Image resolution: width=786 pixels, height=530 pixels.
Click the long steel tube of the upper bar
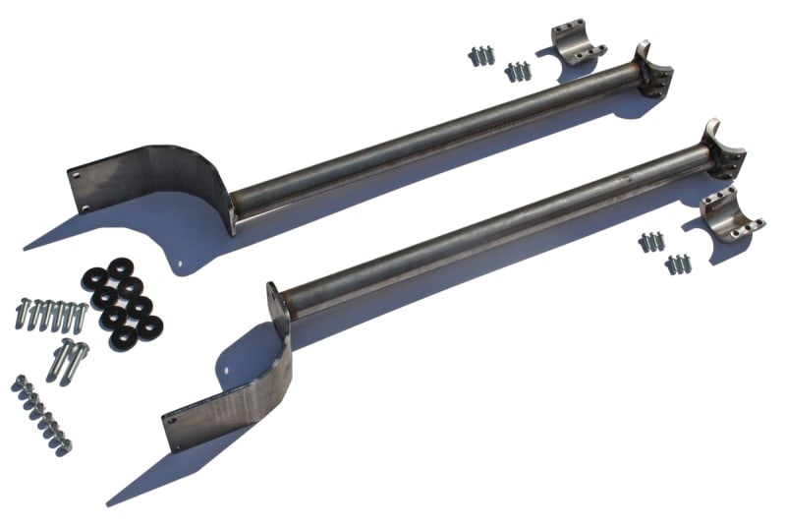[x=432, y=139]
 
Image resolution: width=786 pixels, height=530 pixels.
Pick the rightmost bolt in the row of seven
[x=81, y=317]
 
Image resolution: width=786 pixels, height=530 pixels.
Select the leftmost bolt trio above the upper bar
[x=480, y=56]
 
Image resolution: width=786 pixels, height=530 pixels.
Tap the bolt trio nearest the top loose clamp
[x=518, y=71]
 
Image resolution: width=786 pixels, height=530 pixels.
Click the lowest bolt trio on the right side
[x=677, y=263]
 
